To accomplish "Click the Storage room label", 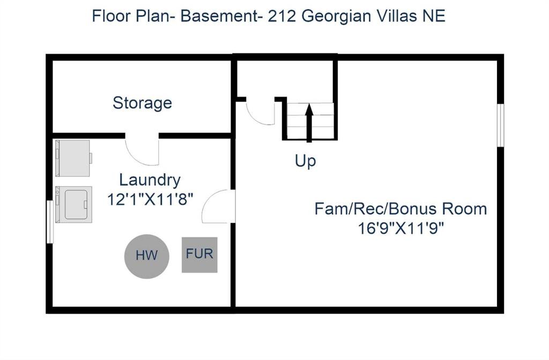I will (142, 102).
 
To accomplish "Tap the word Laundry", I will (150, 180).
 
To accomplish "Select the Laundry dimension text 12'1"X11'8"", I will (150, 199).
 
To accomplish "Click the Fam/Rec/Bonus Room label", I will (400, 209).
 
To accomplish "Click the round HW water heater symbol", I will (146, 255).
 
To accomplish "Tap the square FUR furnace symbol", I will (199, 254).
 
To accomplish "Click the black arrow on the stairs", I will (309, 123).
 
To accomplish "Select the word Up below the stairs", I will (305, 160).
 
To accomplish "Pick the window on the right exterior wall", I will (500, 124).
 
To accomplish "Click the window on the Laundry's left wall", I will (50, 221).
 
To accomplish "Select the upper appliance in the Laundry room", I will (73, 158).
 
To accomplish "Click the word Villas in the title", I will (397, 16).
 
